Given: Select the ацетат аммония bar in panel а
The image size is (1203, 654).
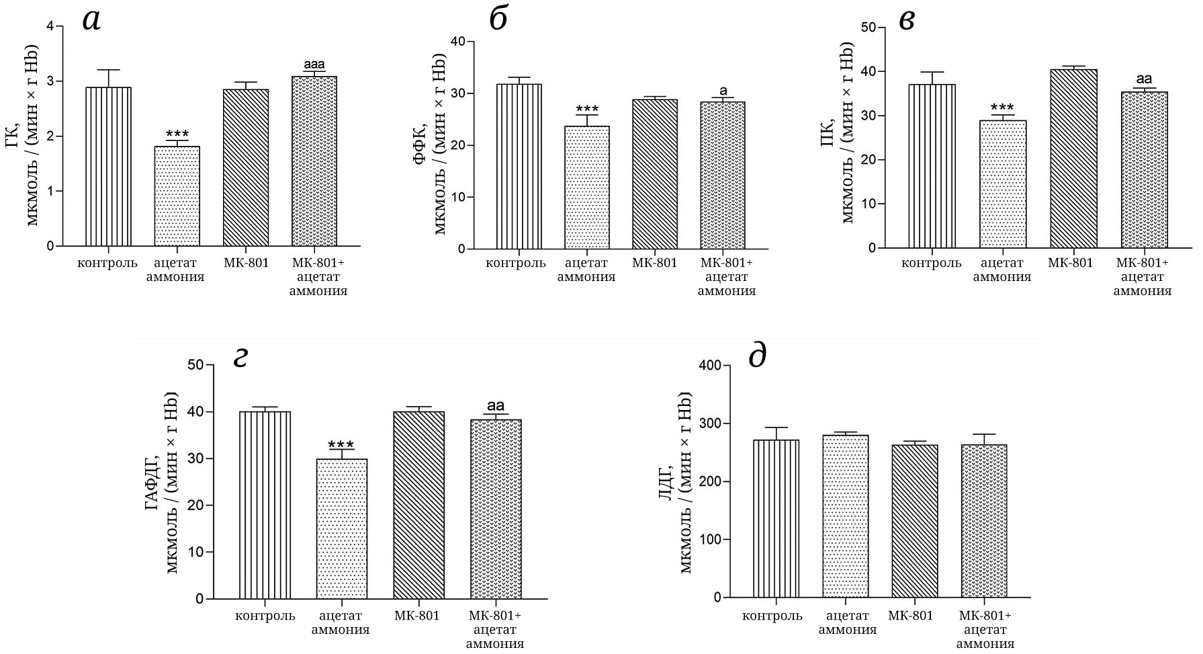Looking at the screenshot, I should tap(177, 196).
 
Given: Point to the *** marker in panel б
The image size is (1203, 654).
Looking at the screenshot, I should tap(586, 110).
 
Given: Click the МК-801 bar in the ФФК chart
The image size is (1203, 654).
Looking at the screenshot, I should tap(654, 174).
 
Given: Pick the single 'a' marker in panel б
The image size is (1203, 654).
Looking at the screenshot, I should tap(723, 91).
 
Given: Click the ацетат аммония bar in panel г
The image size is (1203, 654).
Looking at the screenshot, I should tap(342, 528).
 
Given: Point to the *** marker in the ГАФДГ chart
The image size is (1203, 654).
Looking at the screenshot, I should tap(342, 445).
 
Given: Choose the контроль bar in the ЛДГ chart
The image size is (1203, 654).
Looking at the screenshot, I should tap(775, 518).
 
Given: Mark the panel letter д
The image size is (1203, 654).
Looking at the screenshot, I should tap(757, 356).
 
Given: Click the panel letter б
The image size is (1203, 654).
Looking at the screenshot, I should tap(498, 19).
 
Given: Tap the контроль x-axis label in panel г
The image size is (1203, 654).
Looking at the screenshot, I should tap(265, 616).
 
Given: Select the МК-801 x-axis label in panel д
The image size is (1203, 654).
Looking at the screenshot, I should tap(910, 616).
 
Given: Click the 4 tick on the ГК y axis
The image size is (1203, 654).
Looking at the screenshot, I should tap(50, 27).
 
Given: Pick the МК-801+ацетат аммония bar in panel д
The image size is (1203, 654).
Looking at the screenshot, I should tap(984, 521).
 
